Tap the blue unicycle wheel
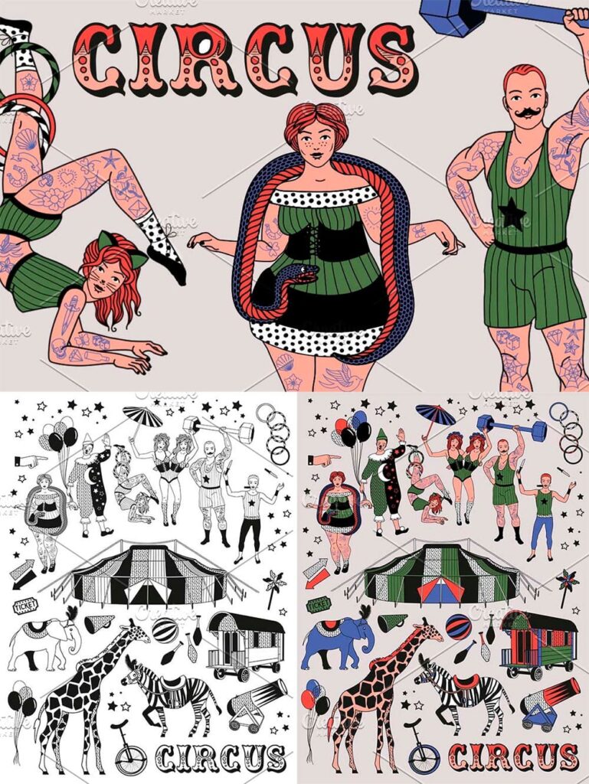tap(424, 758)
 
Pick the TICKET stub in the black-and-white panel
tap(26, 604)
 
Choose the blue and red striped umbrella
tap(437, 415)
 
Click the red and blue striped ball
tap(458, 627)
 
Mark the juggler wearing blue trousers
tap(543, 514)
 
